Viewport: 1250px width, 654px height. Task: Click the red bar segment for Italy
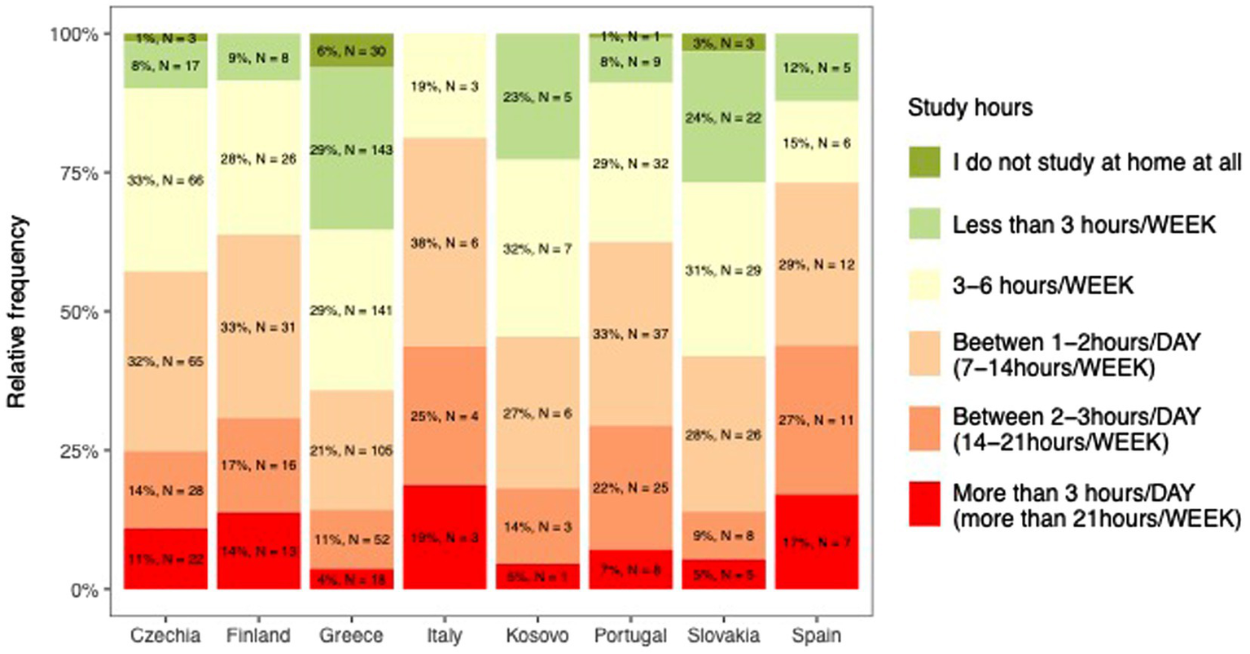pyautogui.click(x=444, y=538)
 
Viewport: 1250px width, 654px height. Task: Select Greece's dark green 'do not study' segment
pyautogui.click(x=352, y=50)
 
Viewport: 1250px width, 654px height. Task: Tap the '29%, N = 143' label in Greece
pyautogui.click(x=352, y=150)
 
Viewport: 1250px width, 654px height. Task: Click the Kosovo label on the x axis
pyautogui.click(x=537, y=635)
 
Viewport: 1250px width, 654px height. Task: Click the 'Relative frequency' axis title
pyautogui.click(x=18, y=311)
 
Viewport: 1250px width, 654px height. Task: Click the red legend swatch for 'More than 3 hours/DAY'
pyautogui.click(x=925, y=505)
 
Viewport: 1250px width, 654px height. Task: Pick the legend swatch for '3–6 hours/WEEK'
pyautogui.click(x=925, y=285)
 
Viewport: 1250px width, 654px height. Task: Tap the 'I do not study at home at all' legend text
pyautogui.click(x=1097, y=163)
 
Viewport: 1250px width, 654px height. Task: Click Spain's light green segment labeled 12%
pyautogui.click(x=817, y=68)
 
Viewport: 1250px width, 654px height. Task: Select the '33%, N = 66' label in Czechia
pyautogui.click(x=166, y=180)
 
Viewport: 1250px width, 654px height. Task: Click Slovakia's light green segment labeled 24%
pyautogui.click(x=724, y=118)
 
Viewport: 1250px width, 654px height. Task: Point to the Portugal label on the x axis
pyautogui.click(x=629, y=635)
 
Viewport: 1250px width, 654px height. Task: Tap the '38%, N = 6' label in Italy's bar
pyautogui.click(x=444, y=243)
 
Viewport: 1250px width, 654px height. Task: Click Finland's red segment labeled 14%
pyautogui.click(x=259, y=551)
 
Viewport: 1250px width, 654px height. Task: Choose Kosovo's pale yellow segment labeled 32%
pyautogui.click(x=537, y=248)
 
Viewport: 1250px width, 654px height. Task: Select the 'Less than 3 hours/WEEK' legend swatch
pyautogui.click(x=925, y=224)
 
